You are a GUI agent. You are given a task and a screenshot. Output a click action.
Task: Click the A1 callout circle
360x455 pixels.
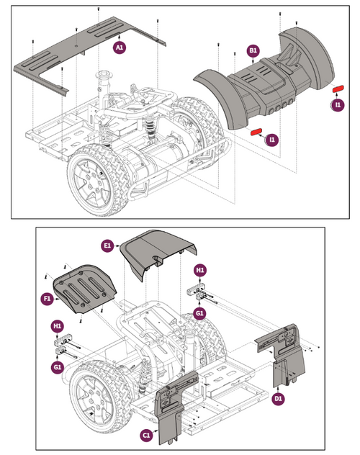pyautogui.click(x=120, y=47)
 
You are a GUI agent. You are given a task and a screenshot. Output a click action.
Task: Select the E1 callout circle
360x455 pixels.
pyautogui.click(x=108, y=246)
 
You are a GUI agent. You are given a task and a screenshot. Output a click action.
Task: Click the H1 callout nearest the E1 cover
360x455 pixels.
pyautogui.click(x=201, y=269)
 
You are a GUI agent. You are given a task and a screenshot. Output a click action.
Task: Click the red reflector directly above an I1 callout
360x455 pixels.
pyautogui.click(x=338, y=90)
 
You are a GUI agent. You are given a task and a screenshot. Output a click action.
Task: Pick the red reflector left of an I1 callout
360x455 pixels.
pyautogui.click(x=255, y=132)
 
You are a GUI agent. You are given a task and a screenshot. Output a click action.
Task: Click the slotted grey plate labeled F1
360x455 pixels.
pyautogui.click(x=85, y=288)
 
